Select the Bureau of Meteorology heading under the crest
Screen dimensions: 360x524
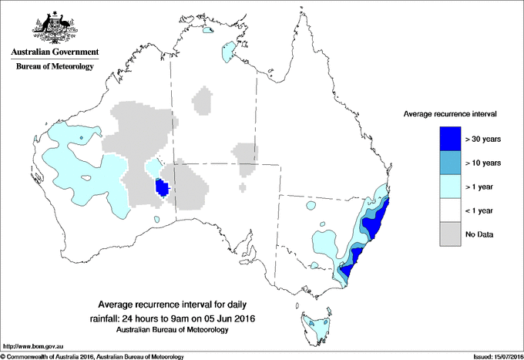(54, 67)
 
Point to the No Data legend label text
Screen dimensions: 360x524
(479, 234)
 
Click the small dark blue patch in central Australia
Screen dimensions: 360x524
(162, 188)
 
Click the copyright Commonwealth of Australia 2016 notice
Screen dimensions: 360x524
(92, 356)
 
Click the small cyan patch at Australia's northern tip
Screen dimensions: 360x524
(207, 32)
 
